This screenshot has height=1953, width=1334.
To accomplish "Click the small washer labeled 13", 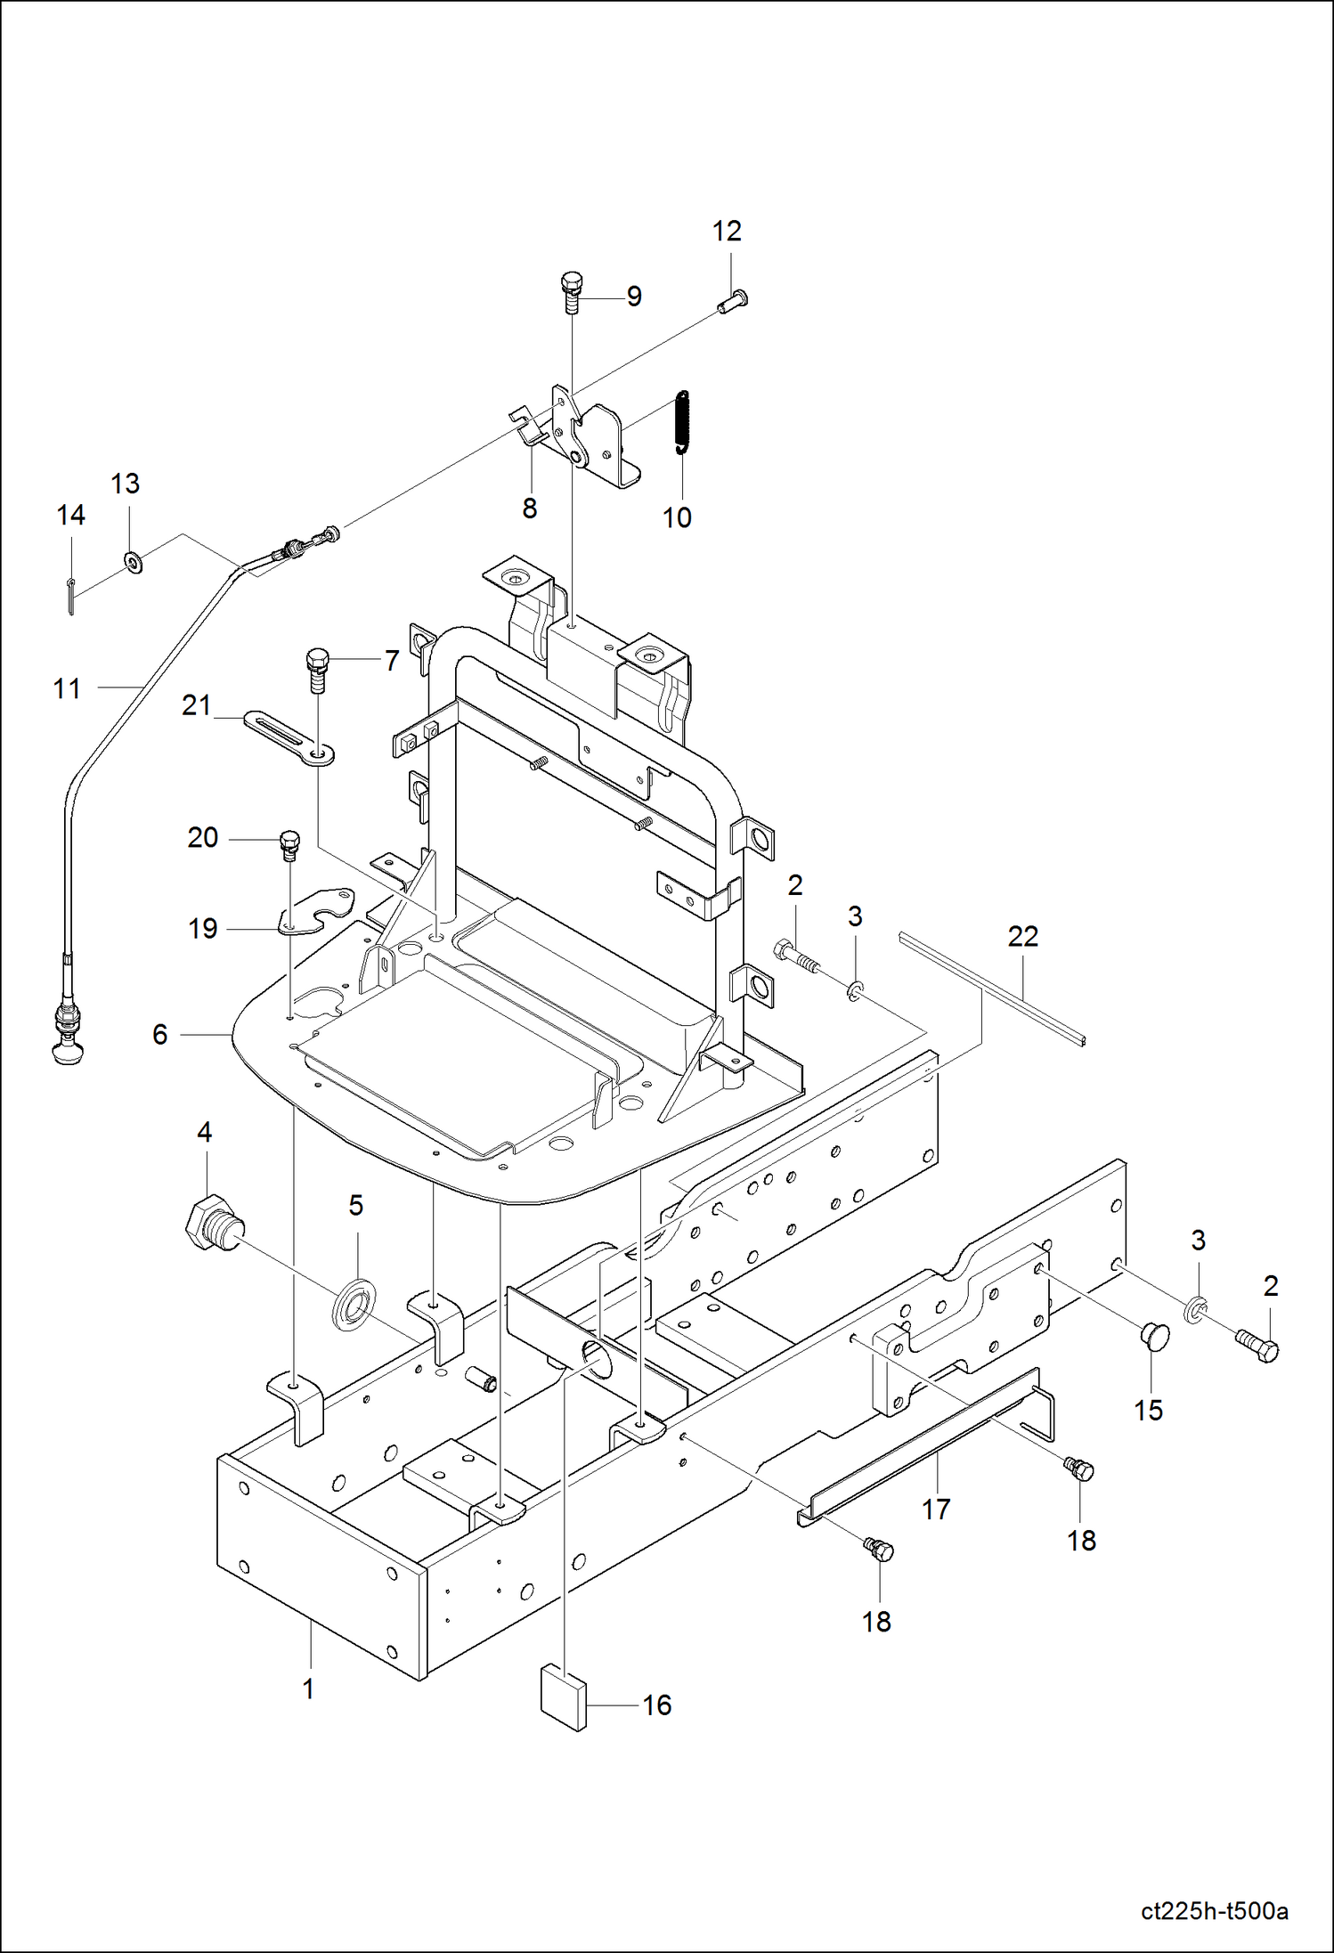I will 134,563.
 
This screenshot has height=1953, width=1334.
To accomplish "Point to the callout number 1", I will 308,1689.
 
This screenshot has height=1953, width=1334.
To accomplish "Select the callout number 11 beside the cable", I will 67,688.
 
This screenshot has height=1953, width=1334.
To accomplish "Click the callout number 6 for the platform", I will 160,1034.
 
